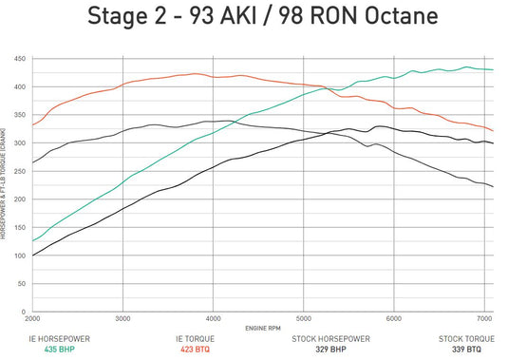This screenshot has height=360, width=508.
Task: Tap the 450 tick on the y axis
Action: (x=20, y=59)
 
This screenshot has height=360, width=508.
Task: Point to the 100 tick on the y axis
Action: (x=20, y=256)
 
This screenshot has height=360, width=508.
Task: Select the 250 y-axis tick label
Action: (x=20, y=171)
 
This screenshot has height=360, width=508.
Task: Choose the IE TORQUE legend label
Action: (x=196, y=338)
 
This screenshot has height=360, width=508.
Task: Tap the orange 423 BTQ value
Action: (x=196, y=349)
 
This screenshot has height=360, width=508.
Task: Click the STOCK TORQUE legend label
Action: (x=466, y=338)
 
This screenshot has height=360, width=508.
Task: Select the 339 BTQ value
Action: (x=466, y=349)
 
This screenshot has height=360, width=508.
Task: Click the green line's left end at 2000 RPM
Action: (x=33, y=241)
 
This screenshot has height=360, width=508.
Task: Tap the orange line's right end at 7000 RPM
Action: (x=492, y=130)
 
